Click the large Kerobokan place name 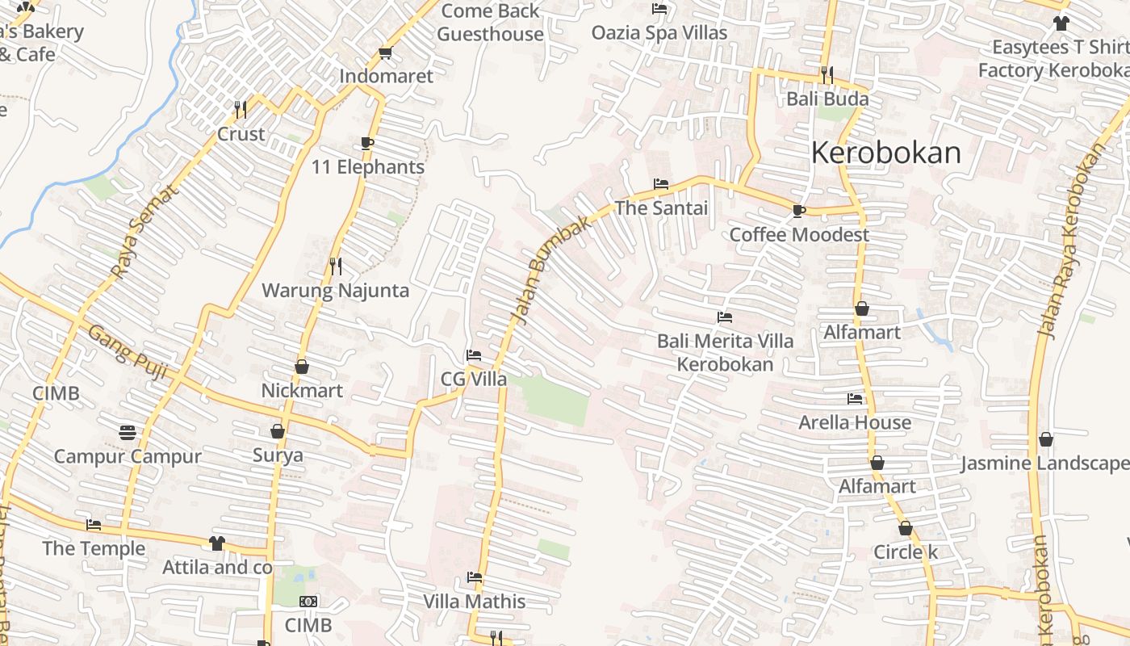coord(885,153)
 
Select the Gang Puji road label coord(127,352)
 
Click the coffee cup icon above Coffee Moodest coord(798,211)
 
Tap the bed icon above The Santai coord(660,184)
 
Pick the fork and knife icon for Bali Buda coord(827,75)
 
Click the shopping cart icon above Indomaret coord(385,53)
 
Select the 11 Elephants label coord(368,167)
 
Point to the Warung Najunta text coord(335,291)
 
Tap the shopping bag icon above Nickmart coord(301,367)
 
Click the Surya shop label coord(278,455)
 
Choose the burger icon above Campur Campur coord(127,432)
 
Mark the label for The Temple coord(94,548)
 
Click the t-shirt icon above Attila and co coord(216,543)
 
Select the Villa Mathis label coord(475,602)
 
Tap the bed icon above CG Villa coord(473,355)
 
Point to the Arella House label coord(855,422)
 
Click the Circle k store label coord(906,552)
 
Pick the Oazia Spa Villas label coord(659,33)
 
